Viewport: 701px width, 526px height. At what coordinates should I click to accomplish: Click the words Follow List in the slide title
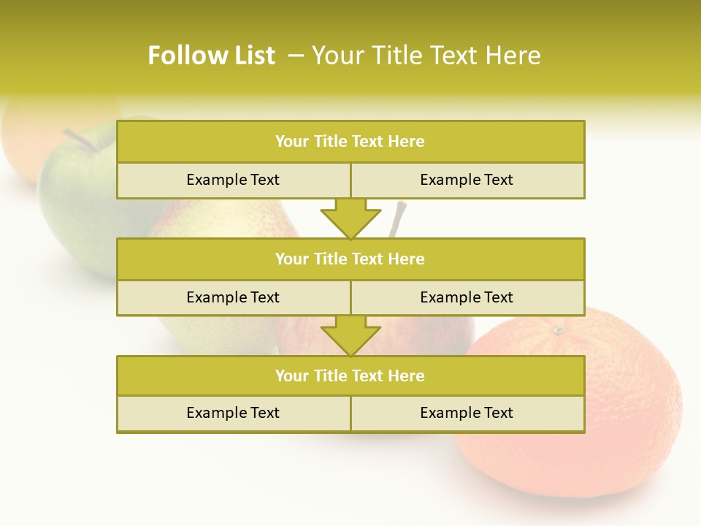(x=211, y=56)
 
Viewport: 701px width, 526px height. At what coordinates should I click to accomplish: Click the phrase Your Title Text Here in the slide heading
(x=426, y=56)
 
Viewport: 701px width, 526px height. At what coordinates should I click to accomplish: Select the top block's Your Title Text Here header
(x=350, y=142)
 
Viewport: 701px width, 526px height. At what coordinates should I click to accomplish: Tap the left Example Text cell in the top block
(x=233, y=180)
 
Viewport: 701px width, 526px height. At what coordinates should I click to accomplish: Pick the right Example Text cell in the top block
(x=467, y=180)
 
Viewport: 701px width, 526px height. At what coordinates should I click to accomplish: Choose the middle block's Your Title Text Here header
(x=350, y=259)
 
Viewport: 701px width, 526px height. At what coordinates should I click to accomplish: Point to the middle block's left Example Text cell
(x=233, y=297)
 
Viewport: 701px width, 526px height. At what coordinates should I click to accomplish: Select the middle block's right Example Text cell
(x=467, y=297)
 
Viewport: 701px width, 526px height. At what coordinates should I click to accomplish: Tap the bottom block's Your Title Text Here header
(x=350, y=376)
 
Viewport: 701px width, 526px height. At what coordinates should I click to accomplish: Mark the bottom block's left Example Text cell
(x=233, y=413)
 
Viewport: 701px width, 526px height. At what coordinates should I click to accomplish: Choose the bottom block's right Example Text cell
(x=467, y=413)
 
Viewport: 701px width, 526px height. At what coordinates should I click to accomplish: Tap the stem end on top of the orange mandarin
(x=559, y=330)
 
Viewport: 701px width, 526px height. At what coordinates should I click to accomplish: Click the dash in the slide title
(x=296, y=56)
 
